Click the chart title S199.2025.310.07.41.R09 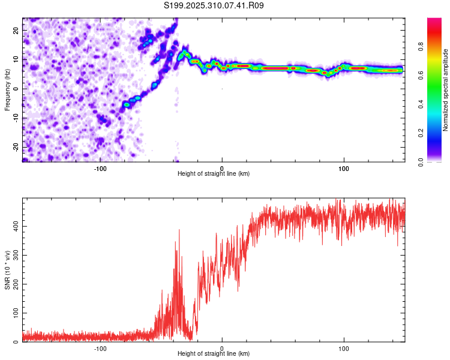pos(214,5)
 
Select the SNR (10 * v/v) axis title pos(7,270)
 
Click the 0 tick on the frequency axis pos(17,88)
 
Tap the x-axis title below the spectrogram pos(214,174)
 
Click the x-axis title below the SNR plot pos(214,354)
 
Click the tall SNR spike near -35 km pos(179,231)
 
